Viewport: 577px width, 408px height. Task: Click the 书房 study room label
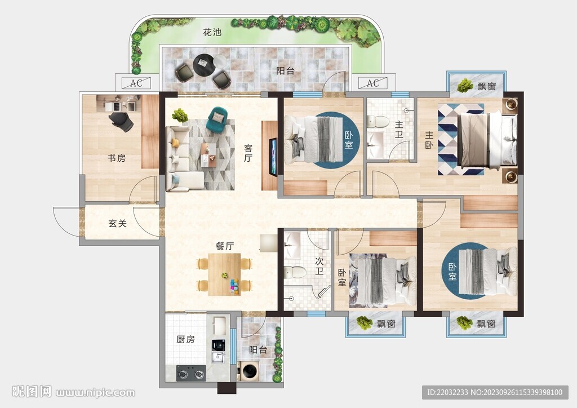[117, 158]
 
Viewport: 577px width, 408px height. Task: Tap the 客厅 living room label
[248, 153]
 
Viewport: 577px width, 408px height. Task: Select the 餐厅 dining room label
[225, 246]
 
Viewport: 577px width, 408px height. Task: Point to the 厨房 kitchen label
[185, 339]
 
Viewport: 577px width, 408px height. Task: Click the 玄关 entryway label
[118, 223]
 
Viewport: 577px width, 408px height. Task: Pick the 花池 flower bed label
[212, 32]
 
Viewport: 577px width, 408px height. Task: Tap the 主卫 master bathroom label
[399, 130]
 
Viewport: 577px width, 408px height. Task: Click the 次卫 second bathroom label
[319, 266]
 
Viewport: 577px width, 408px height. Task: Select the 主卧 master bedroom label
[429, 140]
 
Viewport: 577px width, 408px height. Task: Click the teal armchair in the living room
[219, 119]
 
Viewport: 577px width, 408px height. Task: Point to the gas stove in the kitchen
[191, 373]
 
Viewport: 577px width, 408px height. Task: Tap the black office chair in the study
[122, 121]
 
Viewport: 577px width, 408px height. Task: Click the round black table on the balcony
[203, 64]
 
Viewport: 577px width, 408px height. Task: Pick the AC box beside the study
[136, 83]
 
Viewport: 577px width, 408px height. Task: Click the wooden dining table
[224, 274]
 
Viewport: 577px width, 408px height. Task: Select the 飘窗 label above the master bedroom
[486, 86]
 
